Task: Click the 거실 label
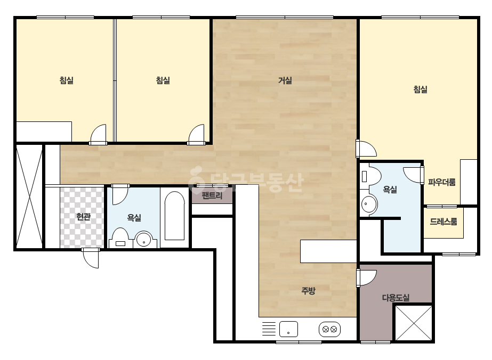click(285, 80)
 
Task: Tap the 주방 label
click(308, 291)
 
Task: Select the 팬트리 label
click(212, 195)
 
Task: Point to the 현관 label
click(84, 216)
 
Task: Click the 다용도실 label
click(396, 297)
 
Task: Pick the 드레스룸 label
click(443, 222)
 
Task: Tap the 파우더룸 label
click(442, 182)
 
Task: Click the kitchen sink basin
click(288, 329)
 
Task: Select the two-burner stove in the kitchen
click(330, 329)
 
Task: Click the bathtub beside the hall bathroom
click(174, 216)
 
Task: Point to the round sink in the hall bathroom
click(144, 240)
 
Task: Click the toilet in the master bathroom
click(370, 176)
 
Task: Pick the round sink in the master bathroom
click(369, 204)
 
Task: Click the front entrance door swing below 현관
click(91, 258)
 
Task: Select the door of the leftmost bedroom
click(98, 135)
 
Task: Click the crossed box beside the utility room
click(414, 323)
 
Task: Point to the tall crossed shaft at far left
click(29, 197)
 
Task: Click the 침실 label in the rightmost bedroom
click(421, 89)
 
